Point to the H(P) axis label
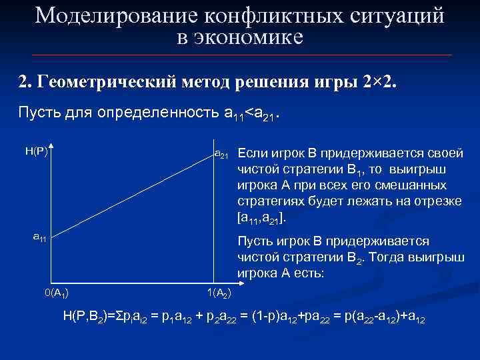tap(36, 151)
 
